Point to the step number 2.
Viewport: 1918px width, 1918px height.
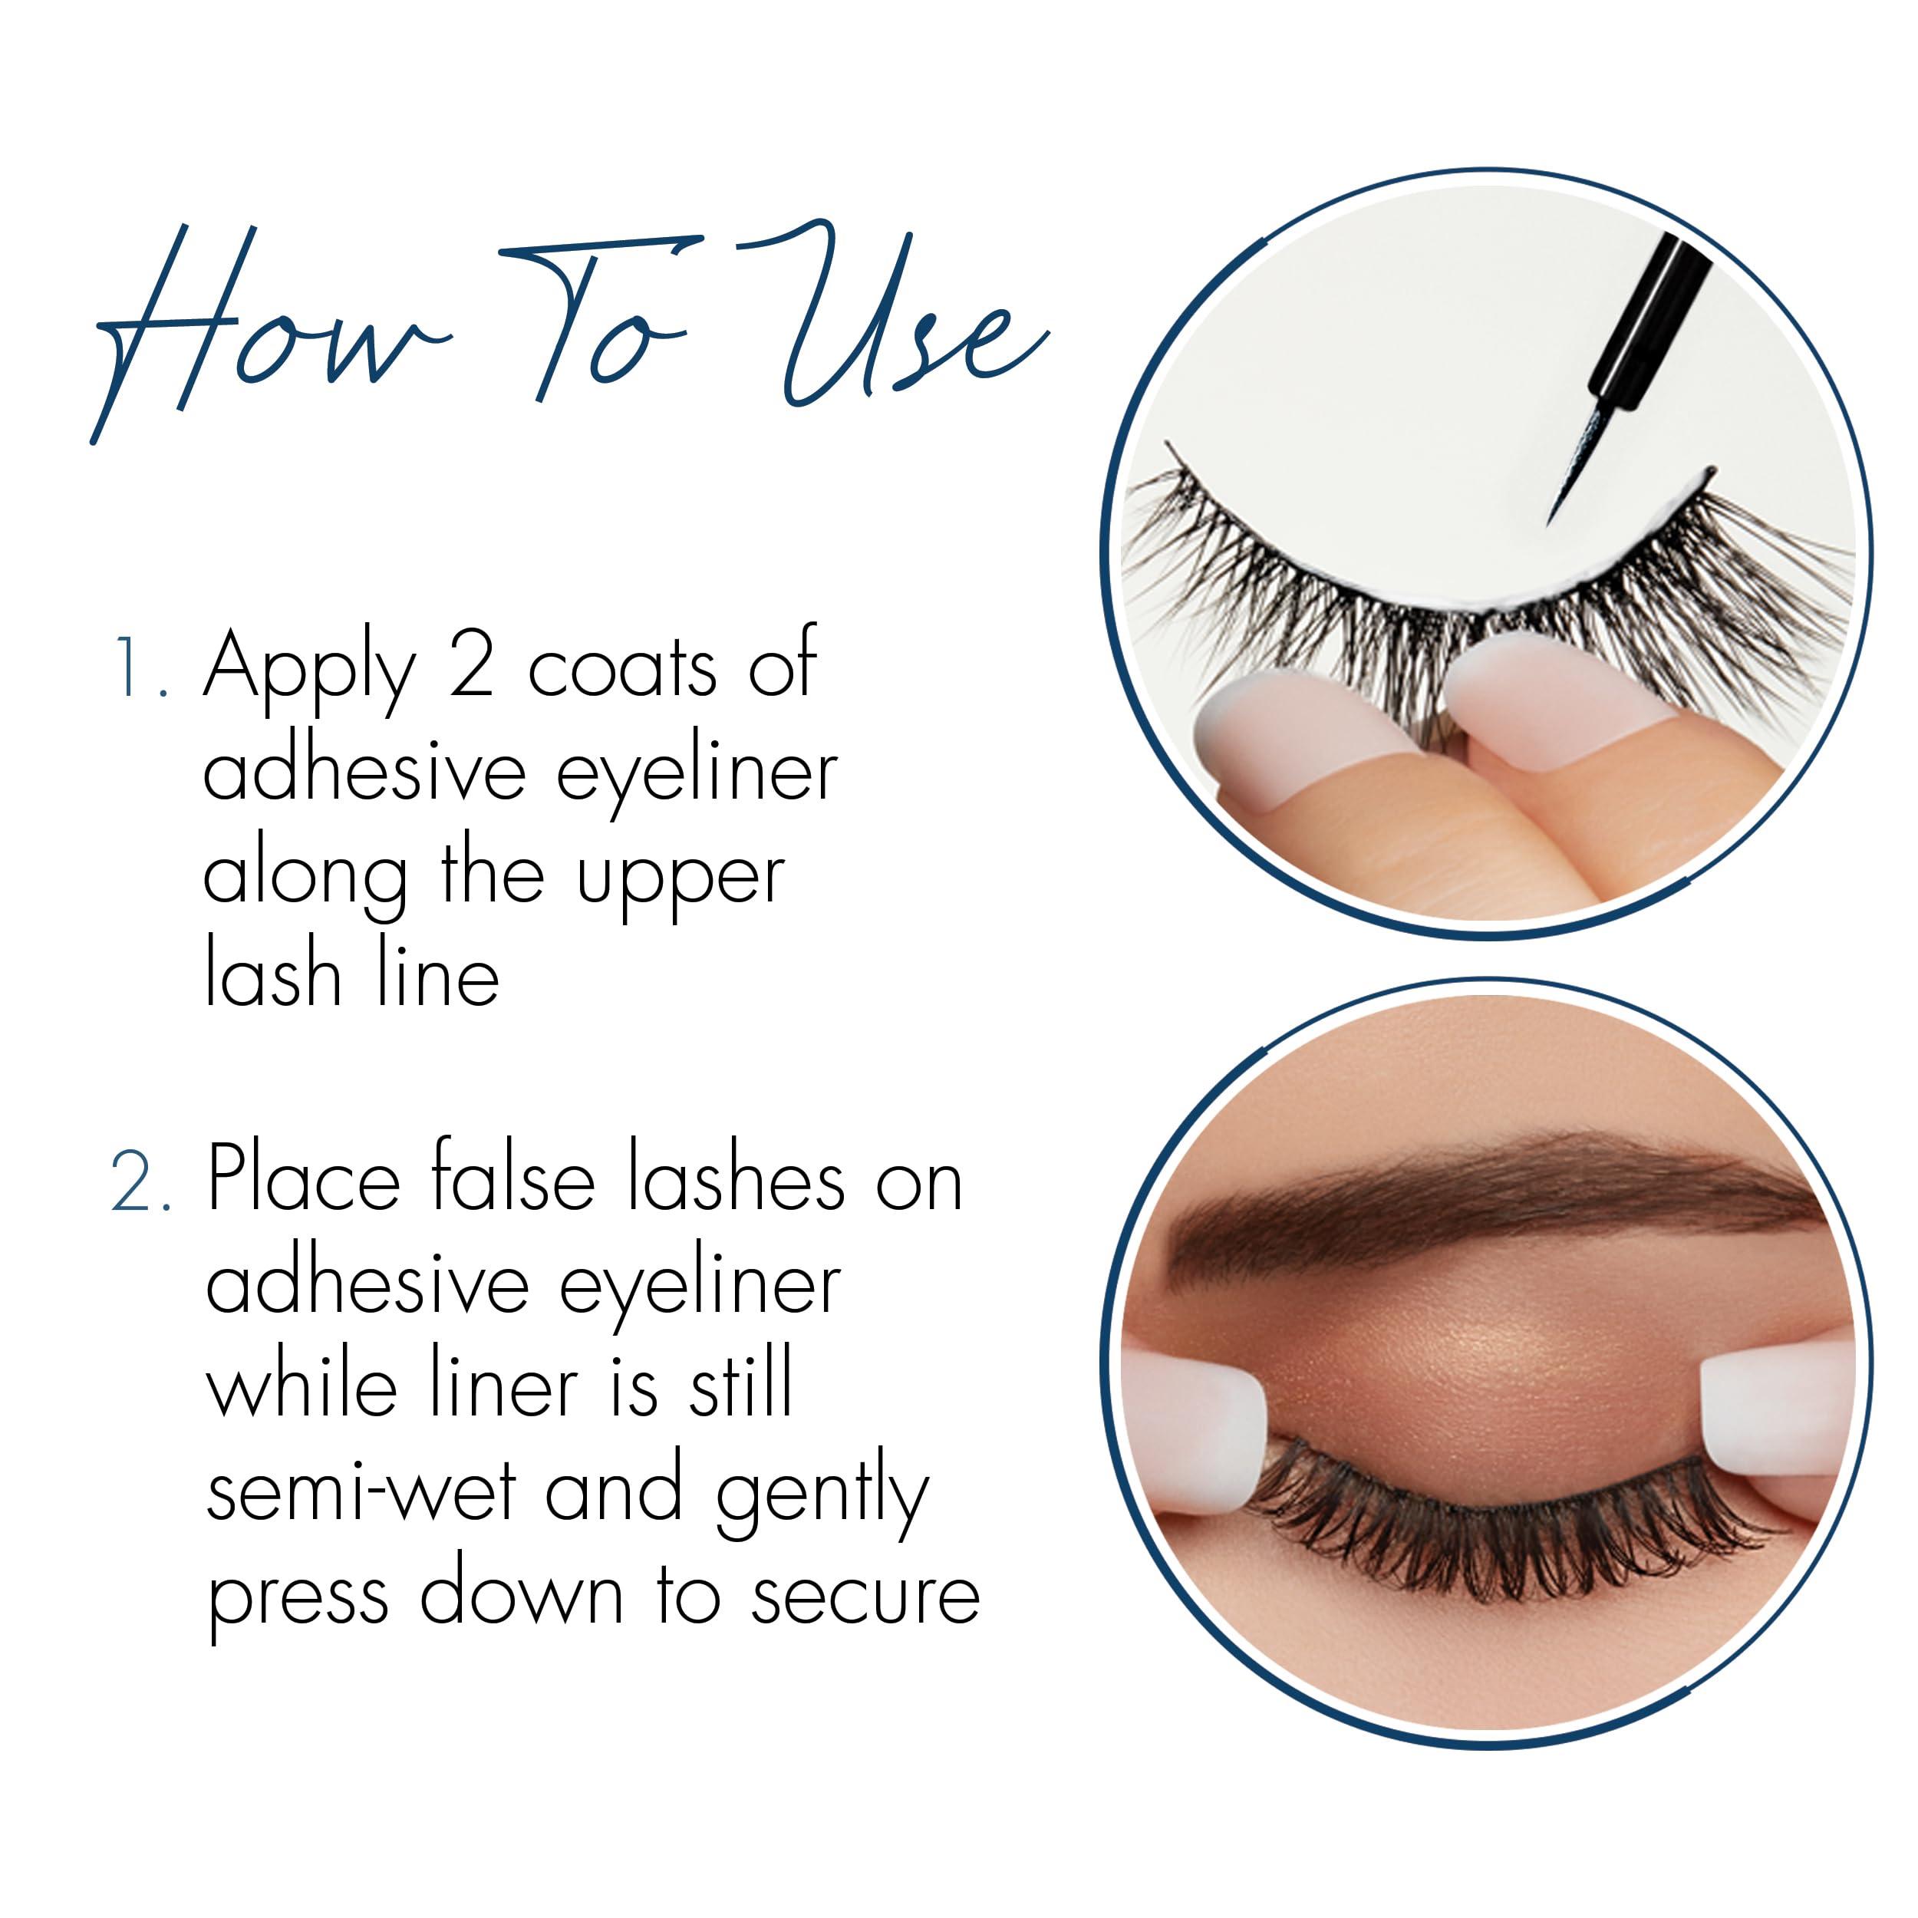coord(139,1183)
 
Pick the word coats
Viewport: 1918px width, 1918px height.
coord(621,670)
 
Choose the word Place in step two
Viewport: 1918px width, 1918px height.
coord(303,1181)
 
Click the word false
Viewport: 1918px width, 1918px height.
coord(512,1181)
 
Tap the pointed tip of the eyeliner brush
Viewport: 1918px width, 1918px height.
coord(1553,519)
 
